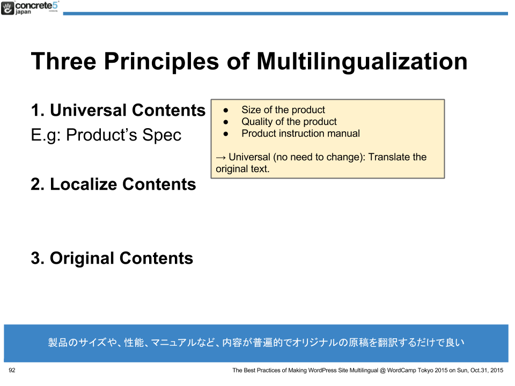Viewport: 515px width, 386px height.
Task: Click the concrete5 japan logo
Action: (x=30, y=8)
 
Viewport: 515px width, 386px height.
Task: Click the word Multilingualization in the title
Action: (x=362, y=61)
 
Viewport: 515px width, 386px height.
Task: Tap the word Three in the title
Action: (x=64, y=61)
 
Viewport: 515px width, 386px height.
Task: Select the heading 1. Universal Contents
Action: (x=118, y=110)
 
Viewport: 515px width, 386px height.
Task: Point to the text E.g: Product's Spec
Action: (x=106, y=135)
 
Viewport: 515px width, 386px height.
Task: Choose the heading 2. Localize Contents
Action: (x=113, y=184)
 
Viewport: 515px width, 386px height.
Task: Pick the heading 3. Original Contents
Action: (x=112, y=258)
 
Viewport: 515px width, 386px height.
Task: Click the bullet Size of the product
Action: (x=283, y=109)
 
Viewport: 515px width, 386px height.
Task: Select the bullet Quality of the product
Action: (x=289, y=122)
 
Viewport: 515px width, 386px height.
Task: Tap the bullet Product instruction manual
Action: (x=300, y=133)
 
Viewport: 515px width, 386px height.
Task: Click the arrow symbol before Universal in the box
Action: (x=220, y=158)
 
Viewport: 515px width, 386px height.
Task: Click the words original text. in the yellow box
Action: (x=242, y=169)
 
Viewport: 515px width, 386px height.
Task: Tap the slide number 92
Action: (x=12, y=370)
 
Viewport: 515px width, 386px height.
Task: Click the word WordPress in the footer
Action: (x=322, y=370)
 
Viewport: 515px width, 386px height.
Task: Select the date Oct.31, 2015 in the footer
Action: (x=487, y=370)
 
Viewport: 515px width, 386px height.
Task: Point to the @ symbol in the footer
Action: (x=382, y=370)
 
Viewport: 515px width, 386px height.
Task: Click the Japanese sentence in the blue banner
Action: (x=256, y=343)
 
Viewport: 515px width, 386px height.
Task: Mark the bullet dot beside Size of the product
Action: (x=226, y=110)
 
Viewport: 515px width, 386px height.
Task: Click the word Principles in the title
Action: (x=161, y=61)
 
